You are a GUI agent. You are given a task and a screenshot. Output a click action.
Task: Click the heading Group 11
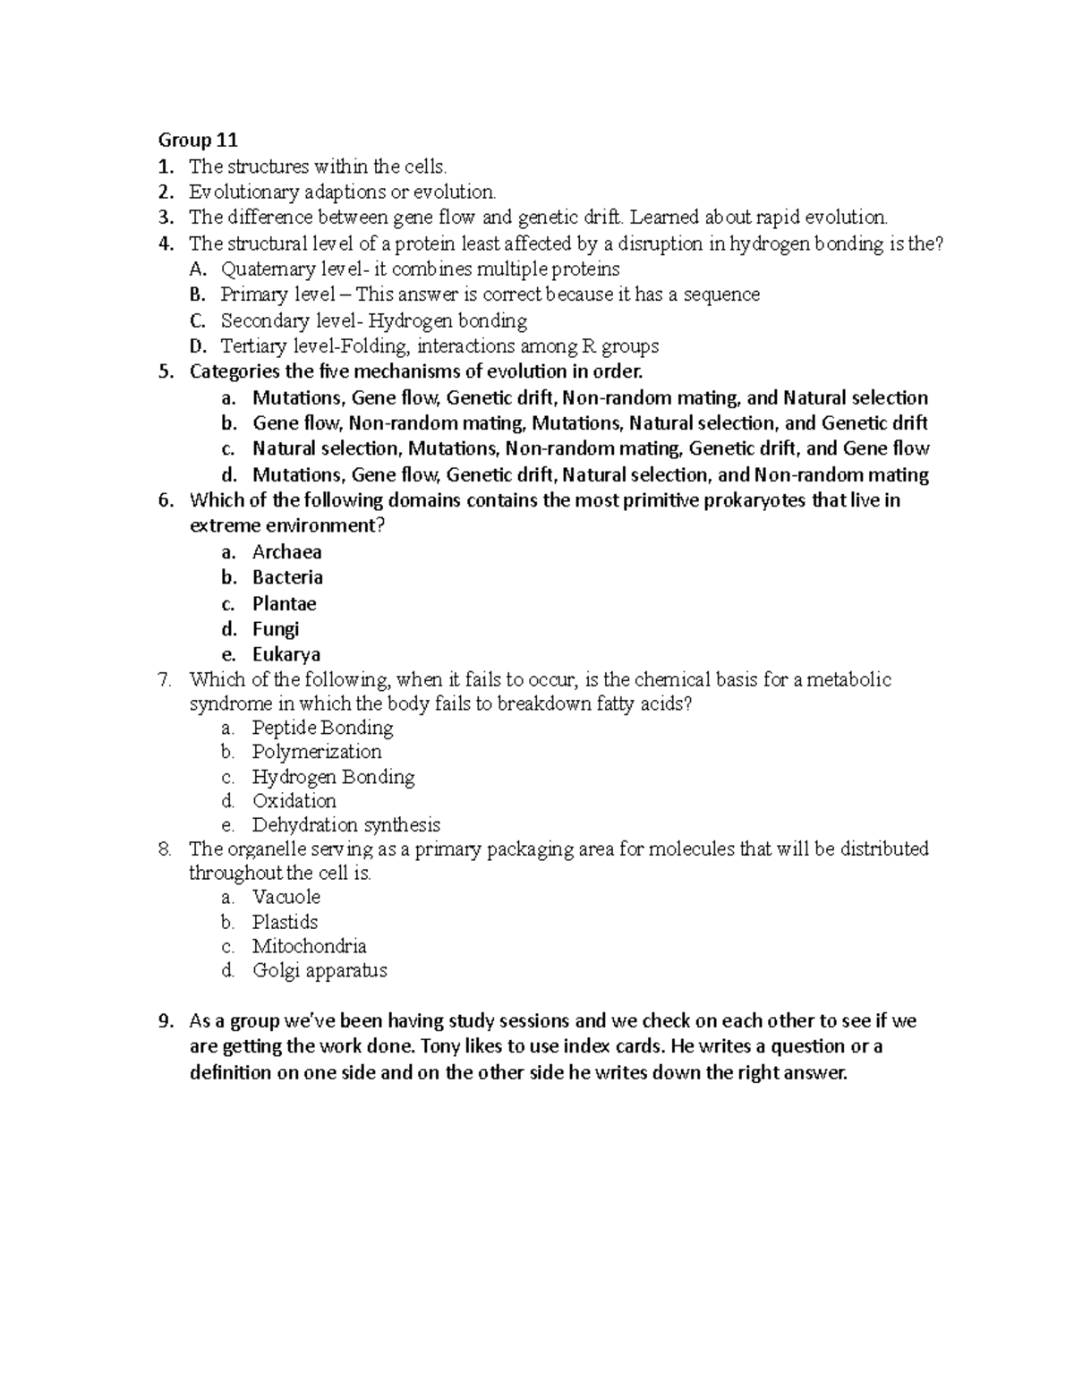(x=198, y=140)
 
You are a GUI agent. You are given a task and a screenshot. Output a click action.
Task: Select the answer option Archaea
(x=286, y=552)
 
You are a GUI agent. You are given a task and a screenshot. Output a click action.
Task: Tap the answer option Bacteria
(x=287, y=577)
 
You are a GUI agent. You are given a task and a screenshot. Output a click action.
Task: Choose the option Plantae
(x=284, y=603)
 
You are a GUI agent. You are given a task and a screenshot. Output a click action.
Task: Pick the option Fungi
(x=275, y=629)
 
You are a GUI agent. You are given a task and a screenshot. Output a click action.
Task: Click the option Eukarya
(x=286, y=654)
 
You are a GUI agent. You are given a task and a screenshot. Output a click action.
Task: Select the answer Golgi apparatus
(x=319, y=970)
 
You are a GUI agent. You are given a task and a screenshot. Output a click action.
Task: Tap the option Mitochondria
(x=309, y=946)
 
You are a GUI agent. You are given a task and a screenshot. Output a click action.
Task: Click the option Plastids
(x=285, y=922)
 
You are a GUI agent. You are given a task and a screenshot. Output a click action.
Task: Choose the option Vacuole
(x=286, y=897)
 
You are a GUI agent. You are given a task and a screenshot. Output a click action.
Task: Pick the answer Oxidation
(x=294, y=801)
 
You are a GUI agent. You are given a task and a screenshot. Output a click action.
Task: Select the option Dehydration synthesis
(x=345, y=825)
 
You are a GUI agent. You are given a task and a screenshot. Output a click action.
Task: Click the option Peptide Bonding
(x=322, y=728)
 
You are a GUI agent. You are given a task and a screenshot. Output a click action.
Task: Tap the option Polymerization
(x=317, y=752)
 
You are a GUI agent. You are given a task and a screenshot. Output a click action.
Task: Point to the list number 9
(x=164, y=1021)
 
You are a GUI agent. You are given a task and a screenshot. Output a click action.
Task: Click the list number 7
(x=164, y=680)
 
